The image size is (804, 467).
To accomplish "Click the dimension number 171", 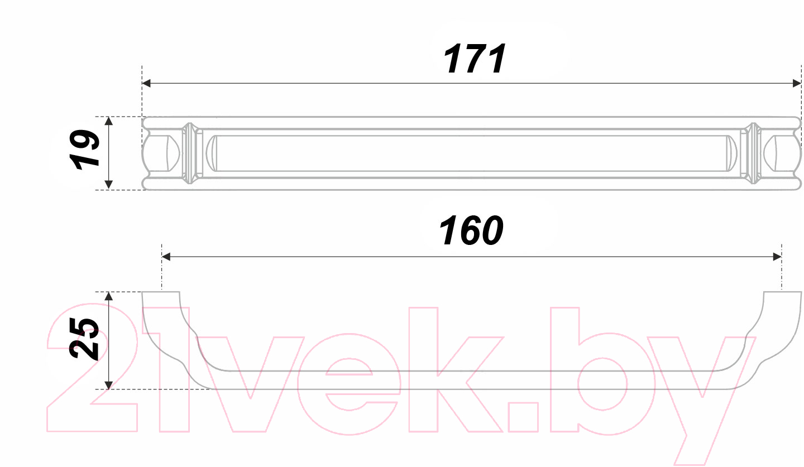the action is coord(475,59).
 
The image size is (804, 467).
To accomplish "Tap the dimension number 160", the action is coord(471,230).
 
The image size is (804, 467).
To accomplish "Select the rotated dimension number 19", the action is coord(85,150).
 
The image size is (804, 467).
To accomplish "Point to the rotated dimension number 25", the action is coord(84,338).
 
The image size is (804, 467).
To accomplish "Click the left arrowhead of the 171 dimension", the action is coord(146,83).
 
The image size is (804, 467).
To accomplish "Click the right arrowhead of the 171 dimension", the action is coord(796,83).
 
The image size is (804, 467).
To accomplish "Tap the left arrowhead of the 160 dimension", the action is coord(166,257).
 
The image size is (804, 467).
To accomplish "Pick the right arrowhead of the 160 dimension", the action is coord(777,257).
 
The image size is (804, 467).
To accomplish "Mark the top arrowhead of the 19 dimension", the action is coord(109,121).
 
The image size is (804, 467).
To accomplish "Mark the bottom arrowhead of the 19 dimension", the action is coord(109,185).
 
